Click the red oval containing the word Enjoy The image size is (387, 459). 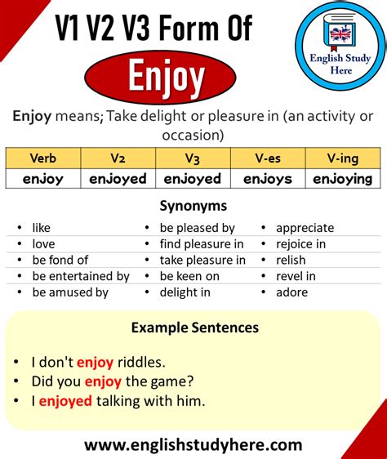point(160,78)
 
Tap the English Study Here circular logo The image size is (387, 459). point(340,46)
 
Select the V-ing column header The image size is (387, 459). point(343,158)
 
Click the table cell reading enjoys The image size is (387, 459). point(268,179)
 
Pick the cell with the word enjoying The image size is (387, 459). point(343,179)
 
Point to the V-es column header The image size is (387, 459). point(268,158)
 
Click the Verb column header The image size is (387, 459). point(43,158)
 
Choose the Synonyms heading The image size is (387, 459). point(193,206)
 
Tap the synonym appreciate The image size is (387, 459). point(305,228)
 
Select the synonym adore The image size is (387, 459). point(291,292)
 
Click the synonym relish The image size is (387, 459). point(291,260)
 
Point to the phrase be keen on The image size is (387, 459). point(189,276)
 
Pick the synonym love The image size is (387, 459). point(43,244)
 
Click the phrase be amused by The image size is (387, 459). point(70,292)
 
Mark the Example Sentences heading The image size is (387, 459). point(195,328)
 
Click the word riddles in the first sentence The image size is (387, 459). point(141,363)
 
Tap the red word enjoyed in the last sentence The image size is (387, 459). point(65,401)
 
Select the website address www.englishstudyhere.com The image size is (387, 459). point(193,445)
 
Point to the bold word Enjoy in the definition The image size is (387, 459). point(32,117)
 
